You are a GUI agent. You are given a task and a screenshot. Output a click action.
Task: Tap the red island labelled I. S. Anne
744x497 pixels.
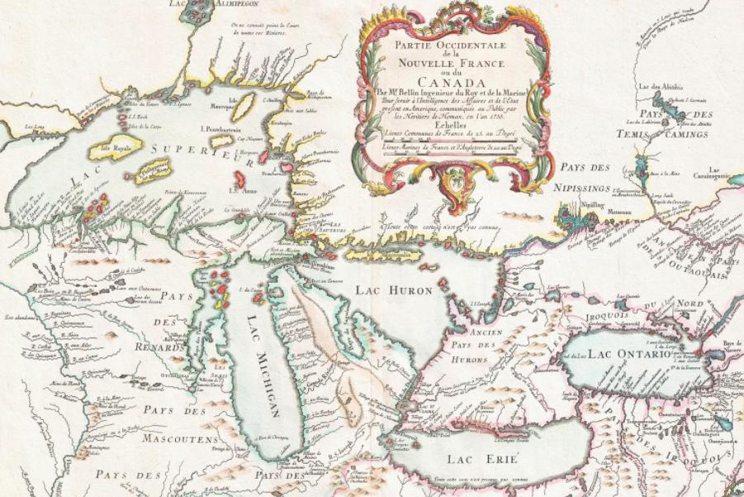(x=241, y=177)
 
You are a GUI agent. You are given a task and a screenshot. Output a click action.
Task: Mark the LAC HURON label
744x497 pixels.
(x=393, y=289)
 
